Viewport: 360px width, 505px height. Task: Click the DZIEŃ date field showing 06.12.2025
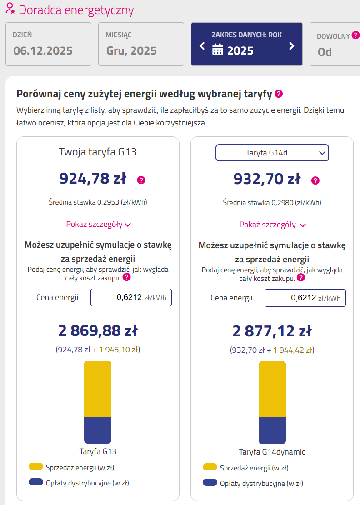coord(48,44)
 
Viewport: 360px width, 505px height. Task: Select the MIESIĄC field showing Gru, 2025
coord(141,44)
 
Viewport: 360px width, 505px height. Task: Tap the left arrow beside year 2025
coord(202,46)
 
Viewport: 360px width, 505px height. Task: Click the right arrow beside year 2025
coord(292,46)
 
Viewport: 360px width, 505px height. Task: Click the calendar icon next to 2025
coord(218,50)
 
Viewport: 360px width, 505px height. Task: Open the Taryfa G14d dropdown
coord(272,153)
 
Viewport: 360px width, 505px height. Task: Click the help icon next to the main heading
coord(279,94)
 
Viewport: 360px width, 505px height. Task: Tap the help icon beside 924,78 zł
coord(141,180)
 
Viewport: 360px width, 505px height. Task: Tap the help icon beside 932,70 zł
coord(315,180)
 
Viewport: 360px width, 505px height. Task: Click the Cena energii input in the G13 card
coord(131,298)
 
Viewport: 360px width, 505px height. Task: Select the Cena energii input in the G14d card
coord(305,298)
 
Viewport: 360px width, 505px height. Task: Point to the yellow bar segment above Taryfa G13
coord(98,389)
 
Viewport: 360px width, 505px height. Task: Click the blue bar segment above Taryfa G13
coord(98,430)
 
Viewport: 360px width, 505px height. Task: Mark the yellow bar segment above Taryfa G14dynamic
coord(272,389)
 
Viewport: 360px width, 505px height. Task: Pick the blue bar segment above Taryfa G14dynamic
coord(272,430)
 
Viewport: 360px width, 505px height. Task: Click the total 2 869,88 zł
coord(98,331)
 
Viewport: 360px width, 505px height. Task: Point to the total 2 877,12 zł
coord(272,331)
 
